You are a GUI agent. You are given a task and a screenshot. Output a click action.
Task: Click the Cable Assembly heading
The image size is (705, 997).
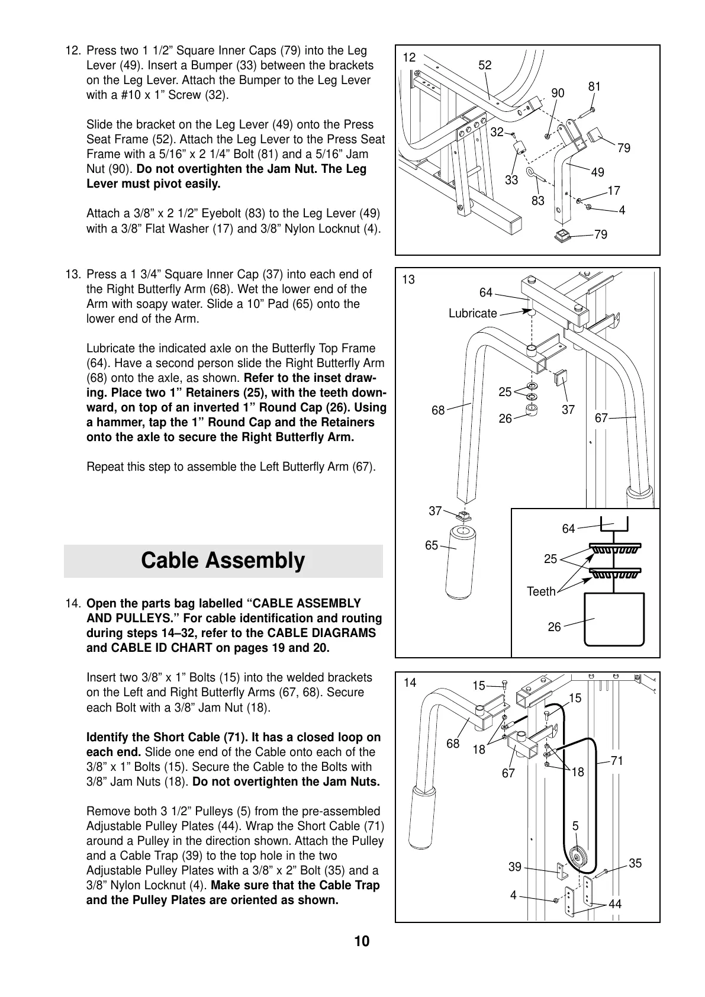pyautogui.click(x=223, y=560)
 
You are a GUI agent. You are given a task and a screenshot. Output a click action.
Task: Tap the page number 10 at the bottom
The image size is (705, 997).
pyautogui.click(x=362, y=941)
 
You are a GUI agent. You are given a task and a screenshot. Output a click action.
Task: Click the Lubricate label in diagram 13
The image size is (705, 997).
pyautogui.click(x=472, y=313)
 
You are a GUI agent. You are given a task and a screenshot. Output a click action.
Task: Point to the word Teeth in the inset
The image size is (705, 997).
pyautogui.click(x=541, y=591)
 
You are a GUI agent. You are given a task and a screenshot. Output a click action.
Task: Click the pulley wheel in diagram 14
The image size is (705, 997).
pyautogui.click(x=576, y=857)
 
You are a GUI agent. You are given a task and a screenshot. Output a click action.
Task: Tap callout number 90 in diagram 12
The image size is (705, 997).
pyautogui.click(x=558, y=93)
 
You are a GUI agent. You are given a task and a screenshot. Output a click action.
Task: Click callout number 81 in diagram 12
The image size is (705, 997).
pyautogui.click(x=594, y=86)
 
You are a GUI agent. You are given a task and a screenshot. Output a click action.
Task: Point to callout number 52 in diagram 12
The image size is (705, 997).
pyautogui.click(x=485, y=65)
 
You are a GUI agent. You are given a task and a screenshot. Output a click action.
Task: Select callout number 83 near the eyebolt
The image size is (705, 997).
pyautogui.click(x=537, y=201)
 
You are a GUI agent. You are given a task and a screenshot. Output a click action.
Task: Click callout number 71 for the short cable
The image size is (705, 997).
pyautogui.click(x=617, y=761)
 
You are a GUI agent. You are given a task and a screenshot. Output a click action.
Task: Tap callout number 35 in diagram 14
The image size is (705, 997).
pyautogui.click(x=635, y=863)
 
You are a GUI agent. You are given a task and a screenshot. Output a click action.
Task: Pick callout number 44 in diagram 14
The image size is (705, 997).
pyautogui.click(x=615, y=904)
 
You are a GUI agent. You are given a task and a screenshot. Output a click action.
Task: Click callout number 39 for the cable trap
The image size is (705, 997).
pyautogui.click(x=515, y=867)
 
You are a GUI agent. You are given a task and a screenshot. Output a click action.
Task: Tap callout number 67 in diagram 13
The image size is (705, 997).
pyautogui.click(x=601, y=418)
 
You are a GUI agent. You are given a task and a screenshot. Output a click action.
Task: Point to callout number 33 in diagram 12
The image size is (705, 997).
pyautogui.click(x=511, y=179)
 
